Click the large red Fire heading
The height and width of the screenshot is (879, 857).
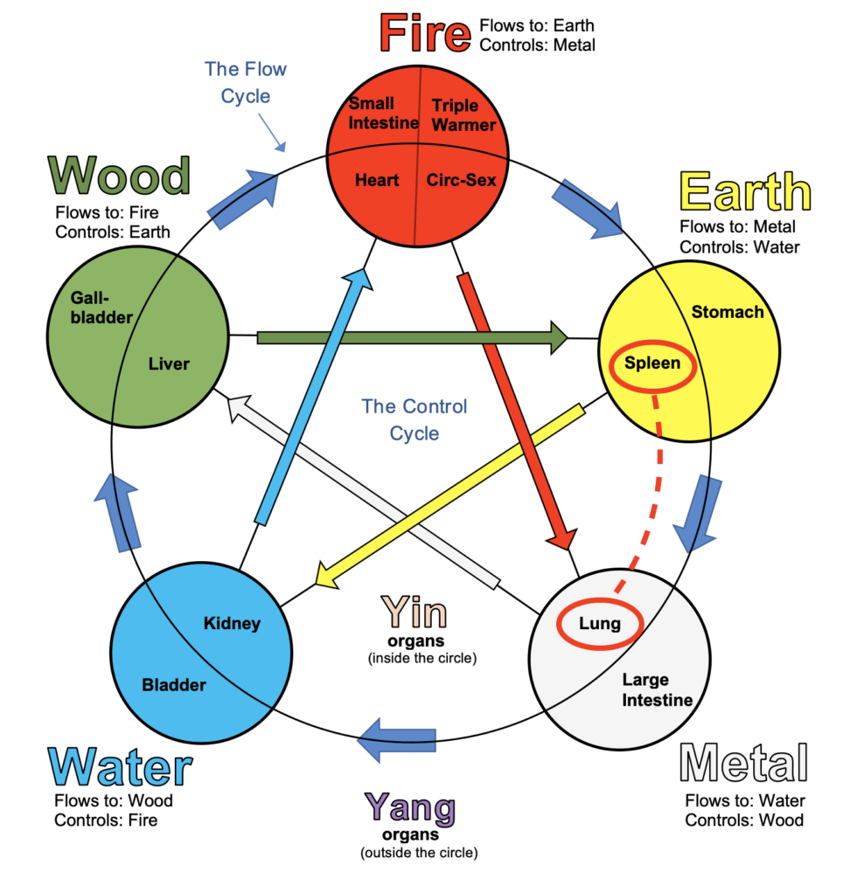coord(425,32)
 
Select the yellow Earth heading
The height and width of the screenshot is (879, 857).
coord(745,191)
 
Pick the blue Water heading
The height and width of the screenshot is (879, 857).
coord(121,766)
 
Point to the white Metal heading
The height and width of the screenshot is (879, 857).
coord(743,763)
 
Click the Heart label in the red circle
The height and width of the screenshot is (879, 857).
coord(377,180)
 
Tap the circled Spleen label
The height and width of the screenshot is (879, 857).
coord(652,363)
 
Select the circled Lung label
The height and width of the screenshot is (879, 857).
coord(599,623)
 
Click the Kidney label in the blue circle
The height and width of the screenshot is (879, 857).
coord(232,623)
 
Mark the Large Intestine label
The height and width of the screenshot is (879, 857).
coord(658,689)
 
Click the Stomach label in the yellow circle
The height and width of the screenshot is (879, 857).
coord(727,312)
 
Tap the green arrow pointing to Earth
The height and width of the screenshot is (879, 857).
coord(411,337)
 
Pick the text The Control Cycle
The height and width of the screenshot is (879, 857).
coord(415,419)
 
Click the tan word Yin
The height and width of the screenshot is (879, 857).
coord(414,613)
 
